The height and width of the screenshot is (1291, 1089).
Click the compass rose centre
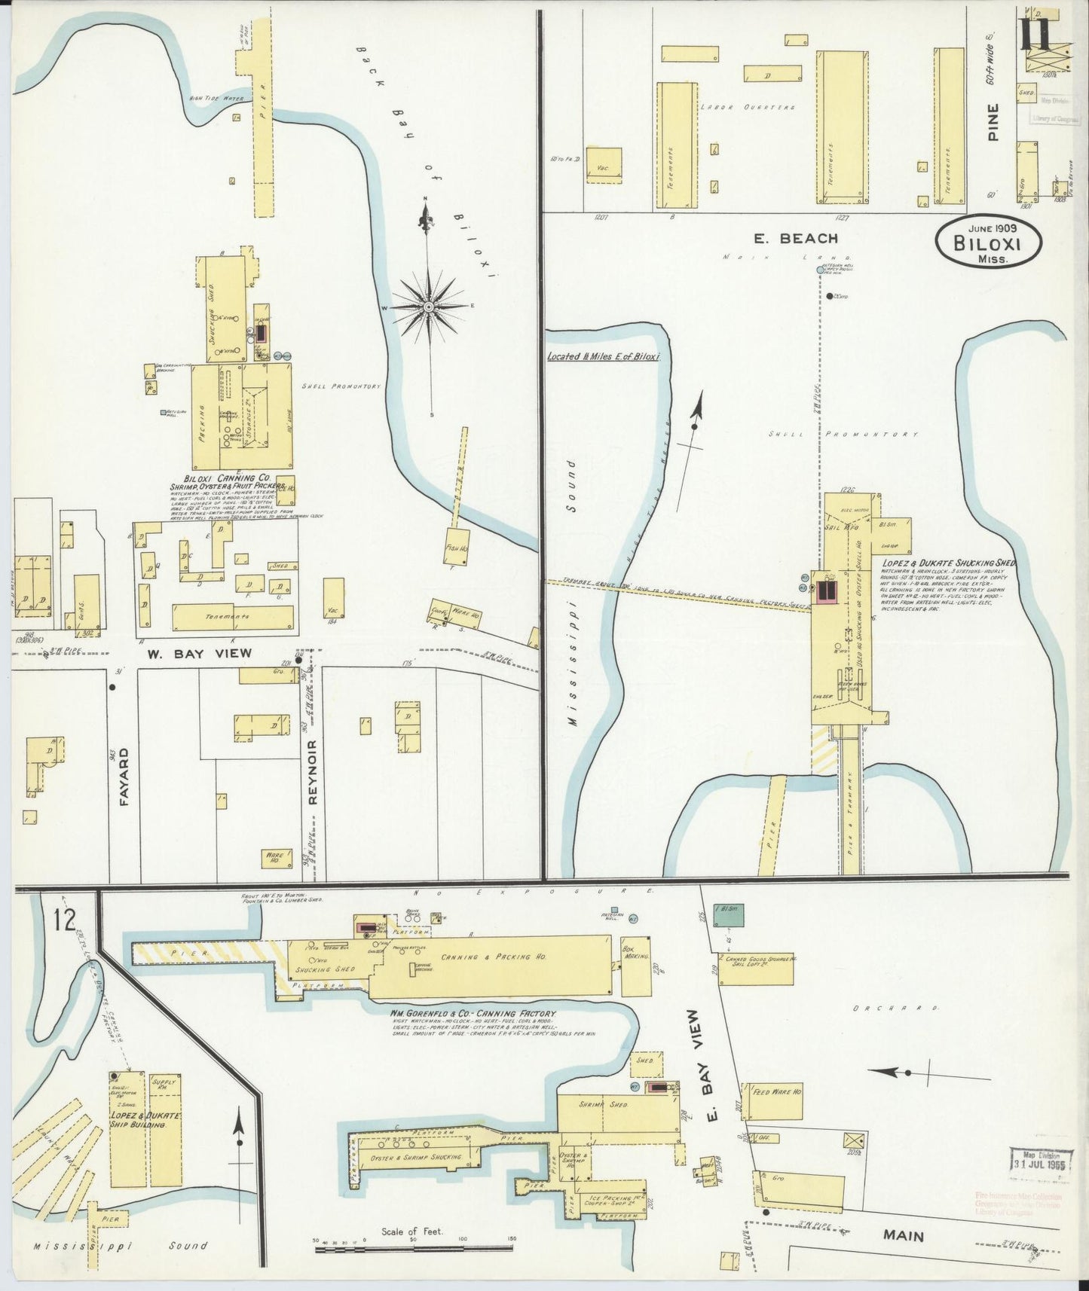[x=428, y=307]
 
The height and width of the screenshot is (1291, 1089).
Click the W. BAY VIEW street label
[x=199, y=654]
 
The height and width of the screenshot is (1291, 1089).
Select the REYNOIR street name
[x=313, y=772]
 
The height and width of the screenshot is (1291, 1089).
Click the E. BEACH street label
[x=796, y=239]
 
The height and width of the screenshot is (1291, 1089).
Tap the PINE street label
[x=993, y=122]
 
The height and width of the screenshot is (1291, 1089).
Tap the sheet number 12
[x=65, y=920]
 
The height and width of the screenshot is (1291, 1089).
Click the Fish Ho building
[x=457, y=549]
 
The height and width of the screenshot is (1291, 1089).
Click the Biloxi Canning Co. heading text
[x=230, y=478]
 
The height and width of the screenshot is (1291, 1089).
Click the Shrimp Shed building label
[x=613, y=1104]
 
